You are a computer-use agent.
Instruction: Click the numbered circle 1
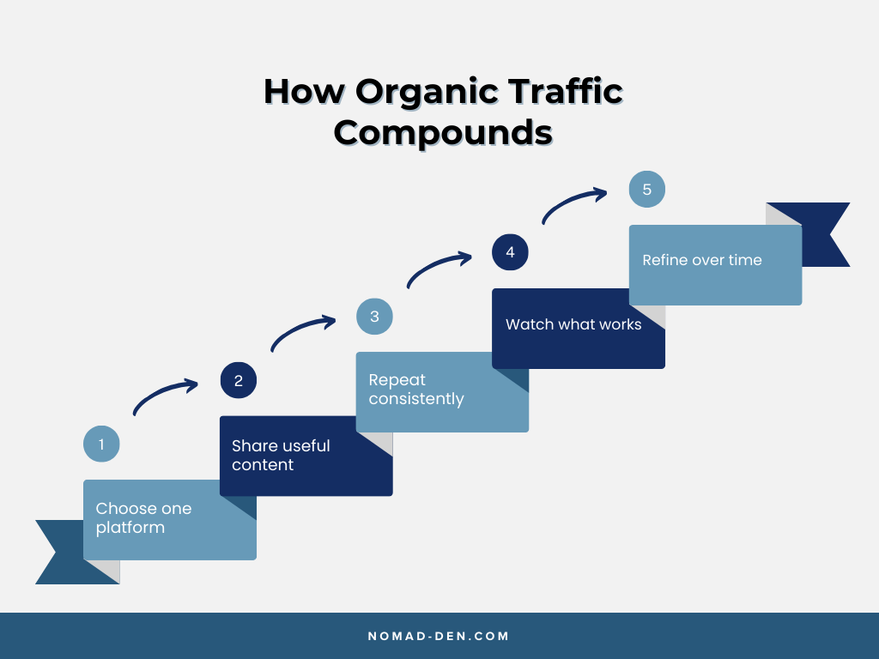point(101,444)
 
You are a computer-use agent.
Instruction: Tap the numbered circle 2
point(239,381)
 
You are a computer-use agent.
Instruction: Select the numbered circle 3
point(374,317)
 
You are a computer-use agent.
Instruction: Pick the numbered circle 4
point(510,252)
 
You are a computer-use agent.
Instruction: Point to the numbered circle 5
point(646,190)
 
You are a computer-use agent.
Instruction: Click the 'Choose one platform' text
point(143,518)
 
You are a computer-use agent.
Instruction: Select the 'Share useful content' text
point(281,455)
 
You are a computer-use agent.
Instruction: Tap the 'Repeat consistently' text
point(416,390)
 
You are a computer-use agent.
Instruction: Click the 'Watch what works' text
point(573,324)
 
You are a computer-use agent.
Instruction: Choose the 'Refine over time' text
point(702,260)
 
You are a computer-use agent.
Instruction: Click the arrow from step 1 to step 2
point(165,396)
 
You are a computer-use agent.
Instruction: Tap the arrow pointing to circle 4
point(439,267)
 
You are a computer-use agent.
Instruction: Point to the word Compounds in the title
point(443,133)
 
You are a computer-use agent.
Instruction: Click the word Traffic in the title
point(566,92)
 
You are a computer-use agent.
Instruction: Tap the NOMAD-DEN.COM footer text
point(439,636)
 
